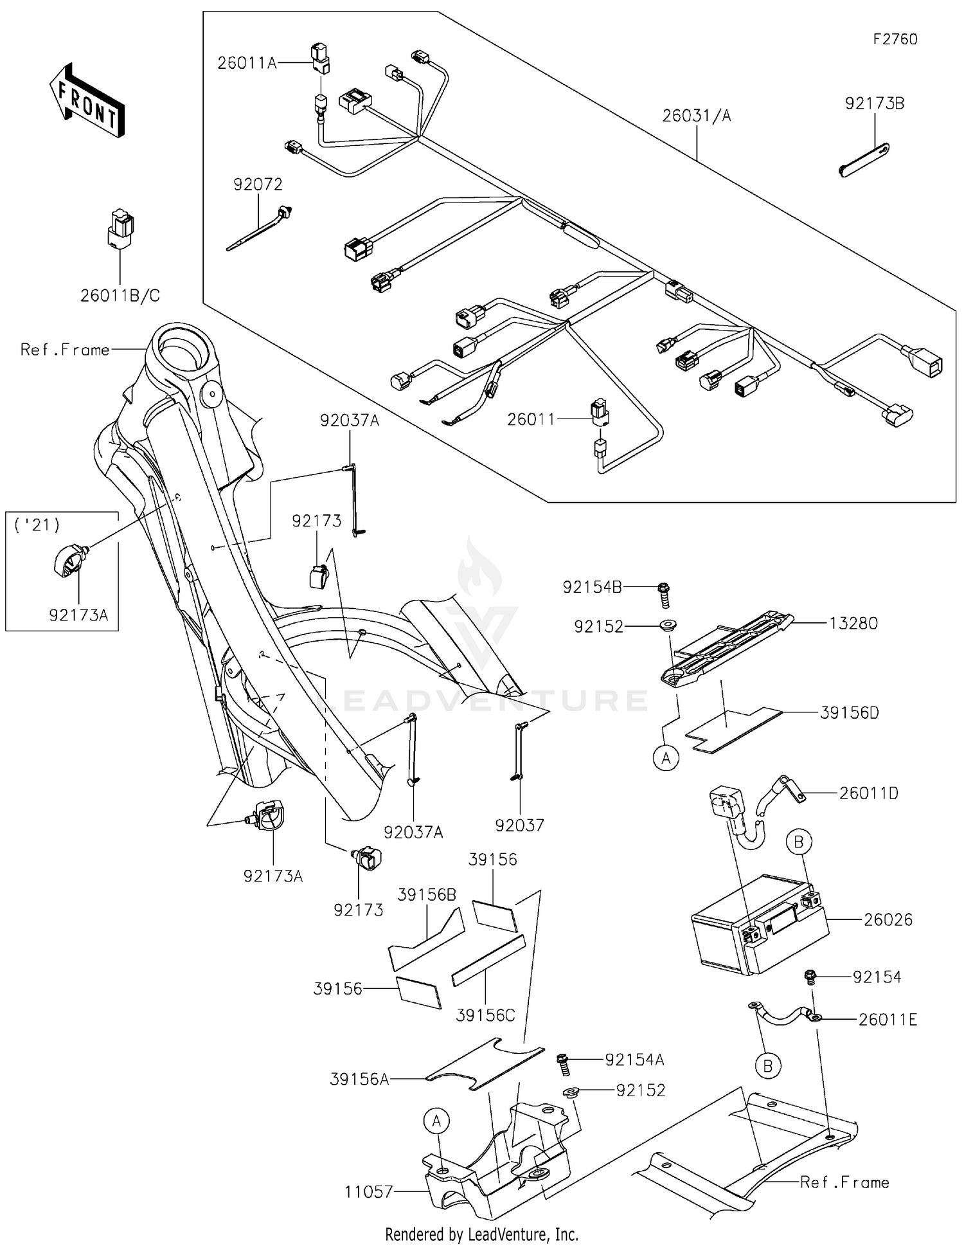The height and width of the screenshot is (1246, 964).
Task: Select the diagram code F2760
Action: [895, 39]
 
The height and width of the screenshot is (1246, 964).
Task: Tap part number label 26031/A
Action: [697, 116]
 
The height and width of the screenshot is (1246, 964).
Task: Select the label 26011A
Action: [247, 63]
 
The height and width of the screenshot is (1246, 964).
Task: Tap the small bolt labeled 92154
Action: [810, 977]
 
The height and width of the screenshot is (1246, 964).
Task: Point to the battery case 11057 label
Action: [368, 1191]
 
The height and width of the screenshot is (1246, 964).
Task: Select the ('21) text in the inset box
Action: [37, 525]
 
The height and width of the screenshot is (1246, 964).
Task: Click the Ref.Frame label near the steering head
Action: [65, 350]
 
